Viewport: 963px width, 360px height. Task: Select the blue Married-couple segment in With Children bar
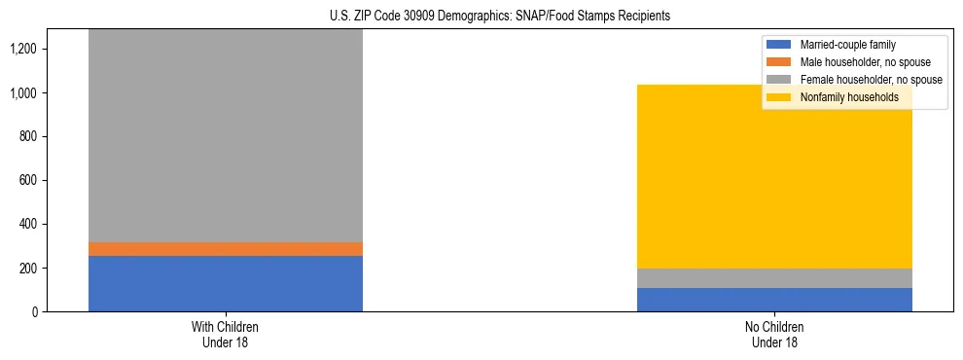click(225, 283)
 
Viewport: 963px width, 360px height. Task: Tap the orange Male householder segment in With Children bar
click(225, 249)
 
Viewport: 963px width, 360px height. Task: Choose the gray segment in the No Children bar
click(774, 278)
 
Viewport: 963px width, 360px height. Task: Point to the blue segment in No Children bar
click(774, 300)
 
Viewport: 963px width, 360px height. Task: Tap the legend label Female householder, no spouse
click(872, 80)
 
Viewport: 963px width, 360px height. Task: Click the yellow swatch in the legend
click(779, 97)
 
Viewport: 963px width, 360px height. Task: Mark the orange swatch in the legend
click(779, 62)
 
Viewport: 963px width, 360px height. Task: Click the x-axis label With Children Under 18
click(225, 335)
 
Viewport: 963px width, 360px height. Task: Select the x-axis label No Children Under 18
click(774, 335)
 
